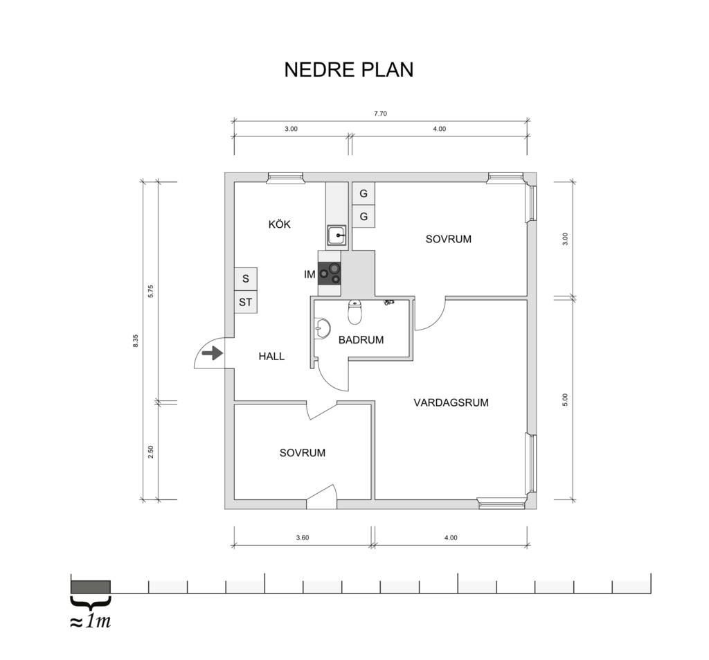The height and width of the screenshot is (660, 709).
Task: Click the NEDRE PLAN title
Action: (x=349, y=70)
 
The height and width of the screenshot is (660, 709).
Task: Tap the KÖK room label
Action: (x=280, y=224)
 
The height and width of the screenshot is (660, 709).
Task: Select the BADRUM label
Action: (x=361, y=340)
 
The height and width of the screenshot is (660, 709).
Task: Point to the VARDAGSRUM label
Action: (x=451, y=402)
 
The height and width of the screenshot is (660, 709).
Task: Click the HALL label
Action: (x=271, y=357)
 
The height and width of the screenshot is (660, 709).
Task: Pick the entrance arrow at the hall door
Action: (x=212, y=353)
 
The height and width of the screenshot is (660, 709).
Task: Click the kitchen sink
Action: (x=336, y=235)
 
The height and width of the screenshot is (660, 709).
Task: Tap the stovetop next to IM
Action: (x=329, y=274)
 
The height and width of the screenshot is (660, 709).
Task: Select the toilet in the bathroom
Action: (x=355, y=312)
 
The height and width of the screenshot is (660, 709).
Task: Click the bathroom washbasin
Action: (x=323, y=328)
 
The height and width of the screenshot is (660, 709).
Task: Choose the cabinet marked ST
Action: (x=246, y=302)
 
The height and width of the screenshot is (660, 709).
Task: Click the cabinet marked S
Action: (x=246, y=278)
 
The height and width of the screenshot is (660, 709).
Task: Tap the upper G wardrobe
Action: (x=364, y=194)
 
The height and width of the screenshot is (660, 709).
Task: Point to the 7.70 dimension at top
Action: (x=380, y=114)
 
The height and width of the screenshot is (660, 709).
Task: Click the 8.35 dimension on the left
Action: (x=136, y=341)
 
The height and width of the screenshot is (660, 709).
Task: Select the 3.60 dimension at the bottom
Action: (x=303, y=538)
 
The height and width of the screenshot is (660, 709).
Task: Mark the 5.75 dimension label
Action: (x=151, y=291)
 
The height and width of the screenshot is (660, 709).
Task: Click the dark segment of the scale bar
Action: (x=91, y=587)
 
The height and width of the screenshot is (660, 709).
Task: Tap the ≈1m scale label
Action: (x=91, y=621)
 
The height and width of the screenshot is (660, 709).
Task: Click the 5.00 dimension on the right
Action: (x=565, y=400)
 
